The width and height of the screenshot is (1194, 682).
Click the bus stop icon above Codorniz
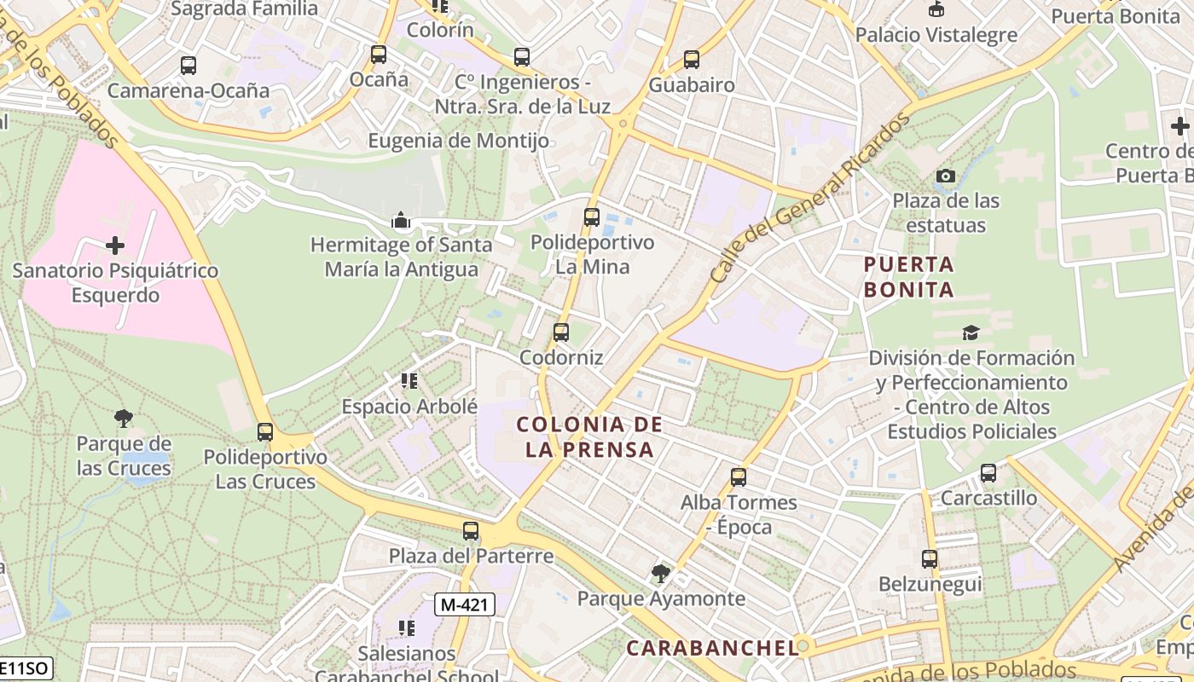tap(560, 332)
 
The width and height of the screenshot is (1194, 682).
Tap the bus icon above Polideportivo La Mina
tap(592, 217)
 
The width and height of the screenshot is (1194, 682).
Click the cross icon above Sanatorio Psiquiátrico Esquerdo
tap(115, 246)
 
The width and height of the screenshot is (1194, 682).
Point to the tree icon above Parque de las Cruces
tap(124, 419)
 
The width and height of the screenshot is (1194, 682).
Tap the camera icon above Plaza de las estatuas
tap(946, 176)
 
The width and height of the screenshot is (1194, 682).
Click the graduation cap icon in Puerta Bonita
tap(971, 332)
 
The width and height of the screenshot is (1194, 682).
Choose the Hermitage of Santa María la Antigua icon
tap(400, 221)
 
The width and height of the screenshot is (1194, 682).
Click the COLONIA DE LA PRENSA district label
tap(589, 436)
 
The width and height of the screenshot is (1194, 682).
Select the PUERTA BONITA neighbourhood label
tap(908, 277)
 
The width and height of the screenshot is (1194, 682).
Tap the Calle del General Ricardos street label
tap(809, 199)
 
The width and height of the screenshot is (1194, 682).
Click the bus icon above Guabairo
tap(692, 60)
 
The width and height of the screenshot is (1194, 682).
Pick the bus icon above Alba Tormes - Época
tap(739, 477)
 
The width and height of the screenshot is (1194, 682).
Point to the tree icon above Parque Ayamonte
tap(660, 573)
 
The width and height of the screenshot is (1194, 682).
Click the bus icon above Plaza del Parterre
tap(471, 531)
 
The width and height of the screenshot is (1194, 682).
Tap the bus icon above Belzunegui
tap(930, 559)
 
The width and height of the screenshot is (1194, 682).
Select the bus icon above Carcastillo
tap(988, 472)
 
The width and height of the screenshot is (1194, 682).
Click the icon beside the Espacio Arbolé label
tap(409, 381)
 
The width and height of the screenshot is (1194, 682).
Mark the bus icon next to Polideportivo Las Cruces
tap(265, 432)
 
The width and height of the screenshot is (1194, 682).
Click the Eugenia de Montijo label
tap(458, 141)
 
